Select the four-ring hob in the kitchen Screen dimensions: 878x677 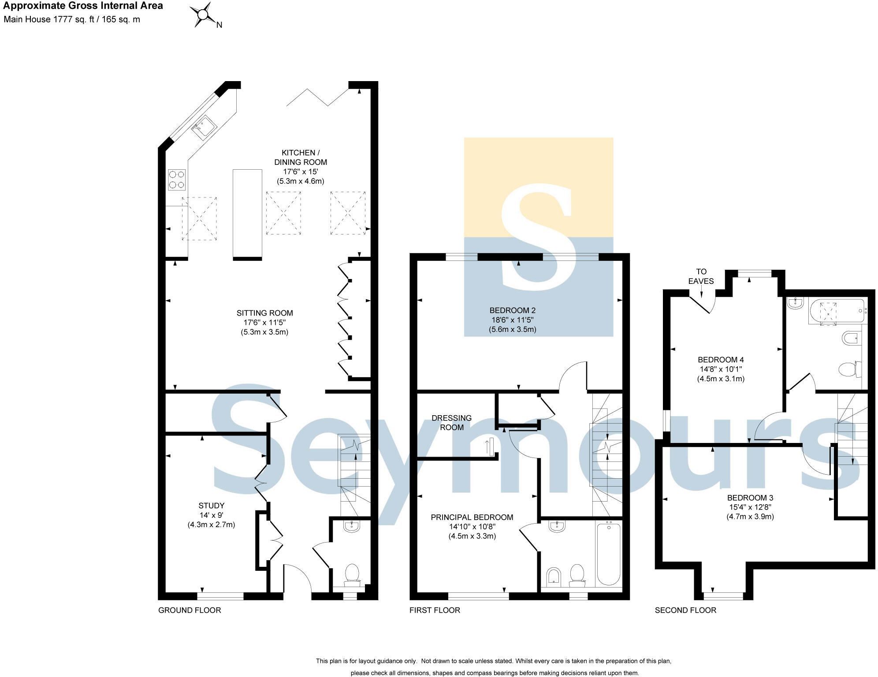176,180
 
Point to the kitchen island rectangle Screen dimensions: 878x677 247,214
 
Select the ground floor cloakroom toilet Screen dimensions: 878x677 352,576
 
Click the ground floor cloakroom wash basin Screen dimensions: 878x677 351,526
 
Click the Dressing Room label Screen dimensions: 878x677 451,422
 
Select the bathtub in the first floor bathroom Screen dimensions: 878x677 609,554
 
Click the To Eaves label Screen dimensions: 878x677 701,276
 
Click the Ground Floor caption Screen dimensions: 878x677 190,610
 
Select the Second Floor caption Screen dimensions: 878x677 685,610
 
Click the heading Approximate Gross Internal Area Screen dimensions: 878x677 83,6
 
